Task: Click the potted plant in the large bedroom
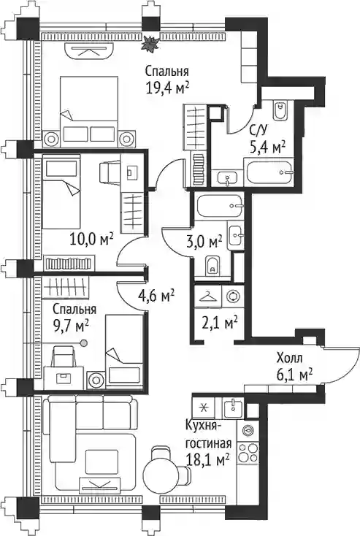tap(150, 44)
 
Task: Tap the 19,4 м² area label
tap(167, 88)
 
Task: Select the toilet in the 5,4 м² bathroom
tap(280, 110)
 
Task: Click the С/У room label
tap(259, 131)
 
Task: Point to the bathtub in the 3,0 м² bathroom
tap(221, 206)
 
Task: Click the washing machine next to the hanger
tap(233, 296)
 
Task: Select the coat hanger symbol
tap(208, 296)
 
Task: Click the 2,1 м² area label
tap(220, 323)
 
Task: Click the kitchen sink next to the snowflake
tap(234, 407)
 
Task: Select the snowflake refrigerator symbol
tap(204, 407)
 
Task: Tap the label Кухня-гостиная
tap(208, 434)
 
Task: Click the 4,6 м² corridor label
tap(156, 296)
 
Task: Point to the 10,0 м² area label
tap(91, 240)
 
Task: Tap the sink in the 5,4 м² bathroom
tap(228, 177)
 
